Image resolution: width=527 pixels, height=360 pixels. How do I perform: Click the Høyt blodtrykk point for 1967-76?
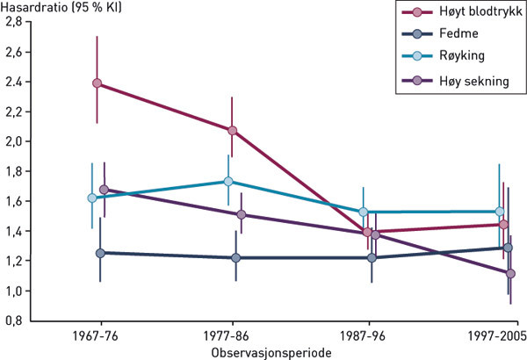(97, 84)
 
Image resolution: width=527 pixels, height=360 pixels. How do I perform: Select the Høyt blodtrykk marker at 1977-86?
(232, 131)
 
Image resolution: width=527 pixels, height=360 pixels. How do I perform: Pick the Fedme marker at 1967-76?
(100, 253)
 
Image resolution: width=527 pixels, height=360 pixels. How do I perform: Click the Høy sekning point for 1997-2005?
(511, 274)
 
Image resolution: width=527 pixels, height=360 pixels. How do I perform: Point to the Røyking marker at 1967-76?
(92, 198)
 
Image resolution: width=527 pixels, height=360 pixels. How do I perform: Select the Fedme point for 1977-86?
(235, 258)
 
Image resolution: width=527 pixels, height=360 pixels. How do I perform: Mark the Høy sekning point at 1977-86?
(241, 214)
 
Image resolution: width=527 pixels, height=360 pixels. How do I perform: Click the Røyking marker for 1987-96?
(363, 212)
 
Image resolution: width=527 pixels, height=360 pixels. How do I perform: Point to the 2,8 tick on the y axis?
(15, 22)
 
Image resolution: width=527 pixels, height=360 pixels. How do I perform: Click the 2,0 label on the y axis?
(15, 141)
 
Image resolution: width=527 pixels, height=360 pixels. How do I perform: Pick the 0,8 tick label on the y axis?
(15, 321)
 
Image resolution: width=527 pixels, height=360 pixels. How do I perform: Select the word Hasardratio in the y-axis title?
(28, 7)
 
